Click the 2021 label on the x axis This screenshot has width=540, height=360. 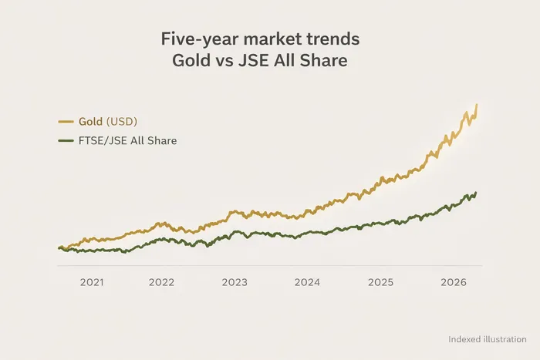click(x=92, y=283)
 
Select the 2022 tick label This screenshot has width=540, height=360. click(x=162, y=283)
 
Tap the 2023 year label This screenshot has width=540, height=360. click(x=235, y=283)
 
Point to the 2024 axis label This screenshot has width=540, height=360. click(x=308, y=283)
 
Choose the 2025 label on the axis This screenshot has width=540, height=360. click(x=380, y=283)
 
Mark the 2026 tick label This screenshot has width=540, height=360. click(x=453, y=283)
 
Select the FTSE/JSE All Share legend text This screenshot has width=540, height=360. click(x=128, y=141)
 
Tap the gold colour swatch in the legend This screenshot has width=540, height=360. click(x=66, y=122)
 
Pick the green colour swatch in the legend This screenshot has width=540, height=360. click(x=66, y=141)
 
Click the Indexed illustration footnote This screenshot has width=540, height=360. click(x=487, y=338)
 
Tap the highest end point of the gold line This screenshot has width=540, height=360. click(x=477, y=104)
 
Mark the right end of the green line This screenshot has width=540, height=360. click(x=476, y=193)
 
